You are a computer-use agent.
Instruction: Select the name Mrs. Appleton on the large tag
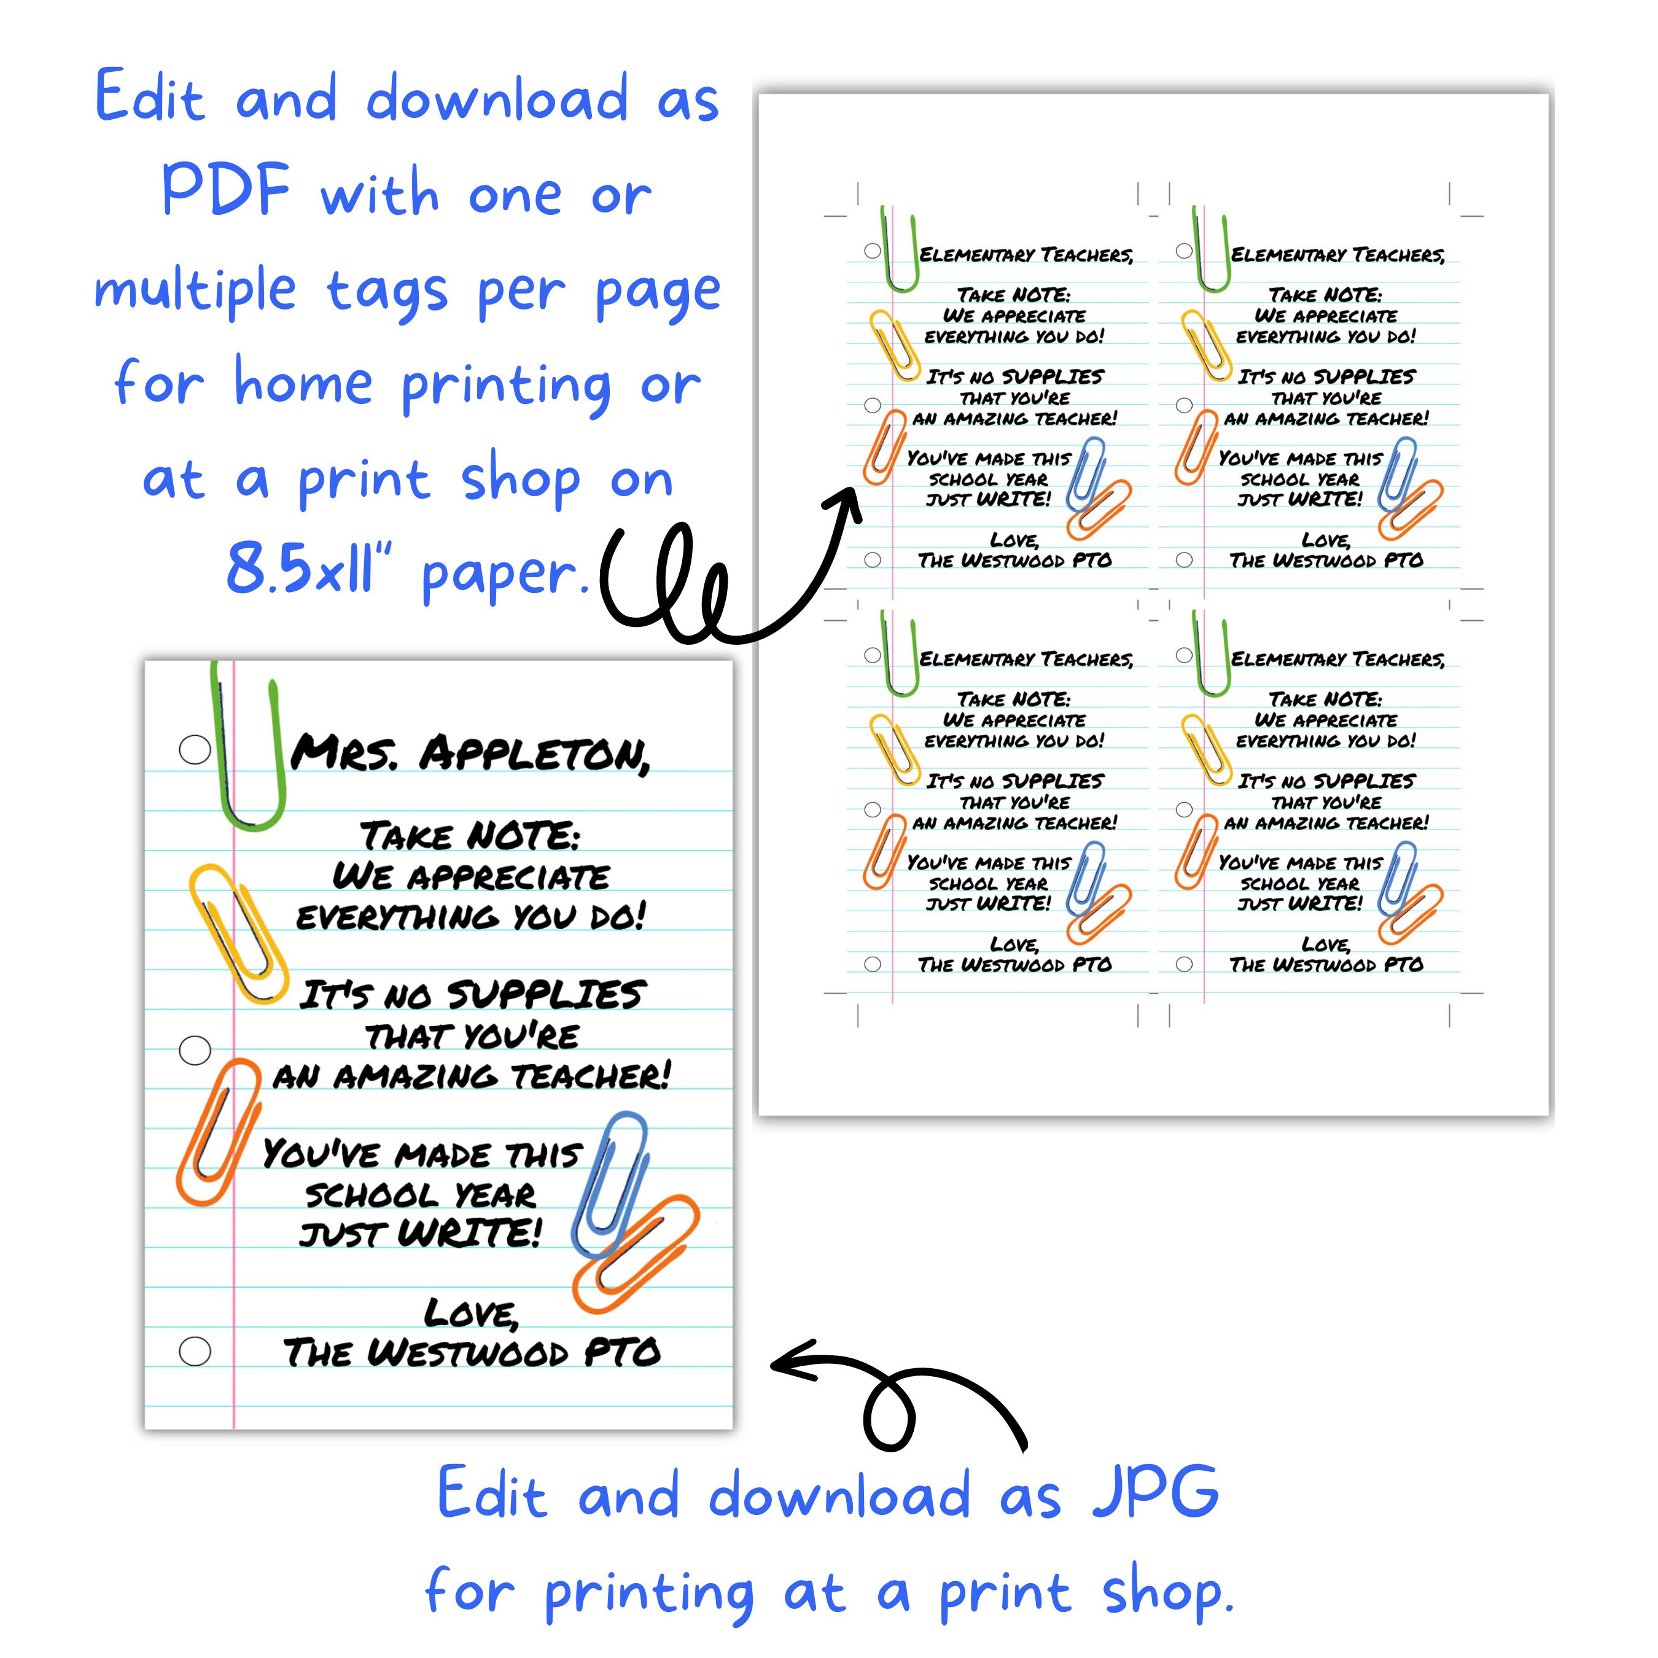point(470,753)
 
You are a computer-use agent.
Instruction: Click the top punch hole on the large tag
point(195,749)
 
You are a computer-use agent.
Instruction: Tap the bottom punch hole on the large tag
point(195,1351)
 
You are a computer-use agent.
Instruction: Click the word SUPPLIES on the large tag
point(546,995)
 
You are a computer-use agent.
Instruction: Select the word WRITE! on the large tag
point(470,1234)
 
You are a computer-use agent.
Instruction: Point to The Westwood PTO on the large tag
point(472,1353)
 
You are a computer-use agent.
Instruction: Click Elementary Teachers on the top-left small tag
point(1026,255)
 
